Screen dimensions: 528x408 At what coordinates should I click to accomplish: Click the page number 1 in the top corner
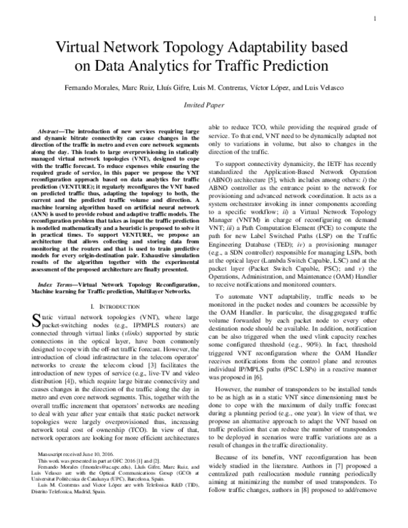pyautogui.click(x=375, y=18)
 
